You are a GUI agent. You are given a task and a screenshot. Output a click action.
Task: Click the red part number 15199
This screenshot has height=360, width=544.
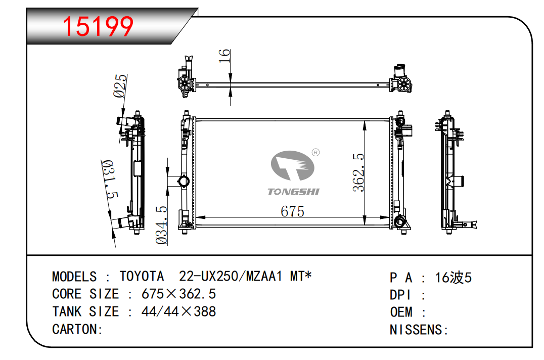click(x=98, y=26)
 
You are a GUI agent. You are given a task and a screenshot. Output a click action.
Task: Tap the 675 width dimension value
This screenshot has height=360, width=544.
click(x=292, y=211)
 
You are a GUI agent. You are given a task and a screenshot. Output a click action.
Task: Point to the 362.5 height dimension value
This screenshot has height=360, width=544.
click(x=358, y=172)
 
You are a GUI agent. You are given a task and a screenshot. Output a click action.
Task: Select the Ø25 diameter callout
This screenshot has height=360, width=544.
click(x=120, y=85)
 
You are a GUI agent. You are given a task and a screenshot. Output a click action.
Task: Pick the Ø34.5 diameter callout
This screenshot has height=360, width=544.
click(x=161, y=225)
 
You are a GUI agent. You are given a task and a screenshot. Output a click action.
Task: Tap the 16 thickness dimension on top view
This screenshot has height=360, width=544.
click(x=224, y=56)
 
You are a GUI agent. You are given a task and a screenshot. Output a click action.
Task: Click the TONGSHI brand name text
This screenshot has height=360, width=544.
click(x=293, y=192)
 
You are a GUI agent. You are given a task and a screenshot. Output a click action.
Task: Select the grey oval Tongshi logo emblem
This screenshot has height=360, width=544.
click(x=292, y=165)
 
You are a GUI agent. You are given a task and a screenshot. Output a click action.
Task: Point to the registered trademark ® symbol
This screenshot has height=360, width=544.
click(x=315, y=152)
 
